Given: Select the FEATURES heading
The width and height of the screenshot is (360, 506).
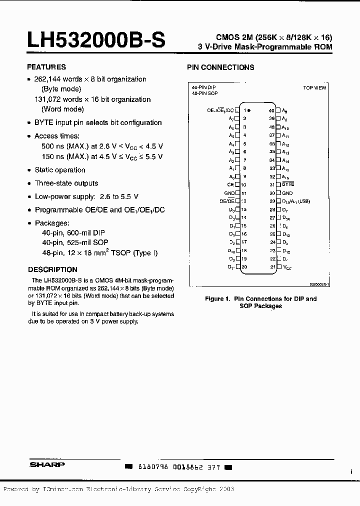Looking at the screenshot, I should coord(46,67).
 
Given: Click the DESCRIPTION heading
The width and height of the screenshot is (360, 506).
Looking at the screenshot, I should coord(52,269).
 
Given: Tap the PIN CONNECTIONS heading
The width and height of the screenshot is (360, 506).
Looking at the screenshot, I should coord(220,67).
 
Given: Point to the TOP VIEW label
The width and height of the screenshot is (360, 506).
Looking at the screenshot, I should coord(314,88).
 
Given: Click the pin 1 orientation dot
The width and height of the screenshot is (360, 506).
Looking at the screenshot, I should coord(249,110).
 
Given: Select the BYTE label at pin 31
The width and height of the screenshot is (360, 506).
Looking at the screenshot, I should coord(288,184).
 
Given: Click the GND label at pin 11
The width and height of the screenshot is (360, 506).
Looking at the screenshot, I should coord(229,193).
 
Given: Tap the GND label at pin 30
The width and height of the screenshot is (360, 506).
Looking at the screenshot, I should coord(287,193).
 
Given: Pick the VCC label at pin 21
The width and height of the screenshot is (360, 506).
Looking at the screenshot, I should coord(286,267).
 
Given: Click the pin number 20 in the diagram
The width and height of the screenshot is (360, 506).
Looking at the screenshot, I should coord(244,267).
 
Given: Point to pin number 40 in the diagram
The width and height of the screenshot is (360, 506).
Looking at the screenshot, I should coord(271,110).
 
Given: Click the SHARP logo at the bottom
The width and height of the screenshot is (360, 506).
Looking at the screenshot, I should coord(46,464).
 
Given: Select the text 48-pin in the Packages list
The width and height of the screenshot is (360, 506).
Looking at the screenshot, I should coord(52,253).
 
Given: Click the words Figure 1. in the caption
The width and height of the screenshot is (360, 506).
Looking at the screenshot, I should coord(216,299).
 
